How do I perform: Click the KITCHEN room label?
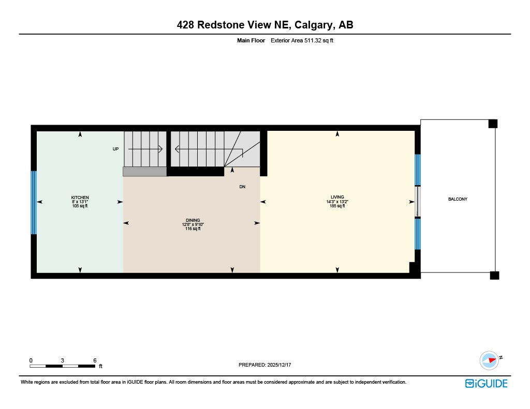pos(80,198)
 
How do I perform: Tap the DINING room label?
pos(193,220)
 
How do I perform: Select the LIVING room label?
pos(337,197)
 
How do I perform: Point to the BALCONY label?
pos(458,199)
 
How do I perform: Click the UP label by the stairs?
pos(115,149)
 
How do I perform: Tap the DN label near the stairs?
pos(242,187)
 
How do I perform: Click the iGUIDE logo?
pos(486,383)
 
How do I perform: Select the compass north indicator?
pos(489,360)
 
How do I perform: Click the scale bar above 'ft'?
pos(63,366)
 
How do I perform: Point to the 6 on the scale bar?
pos(95,360)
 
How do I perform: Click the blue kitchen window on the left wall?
pos(34,202)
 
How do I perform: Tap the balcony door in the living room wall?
pos(418,202)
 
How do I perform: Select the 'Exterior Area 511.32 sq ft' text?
pos(302,40)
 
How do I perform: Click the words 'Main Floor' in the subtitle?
pos(251,40)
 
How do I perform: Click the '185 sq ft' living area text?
pos(337,206)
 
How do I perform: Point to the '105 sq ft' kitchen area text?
pos(80,206)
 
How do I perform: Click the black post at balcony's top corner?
pos(493,124)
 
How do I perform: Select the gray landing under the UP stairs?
pos(145,171)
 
